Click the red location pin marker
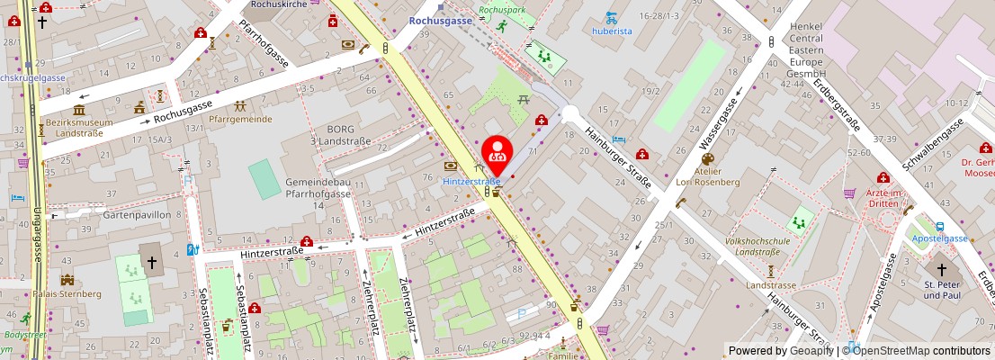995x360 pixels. click(496, 152)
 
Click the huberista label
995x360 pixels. click(612, 31)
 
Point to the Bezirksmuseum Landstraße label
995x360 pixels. click(79, 128)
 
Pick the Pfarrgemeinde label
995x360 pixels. click(240, 119)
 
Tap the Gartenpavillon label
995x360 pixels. click(112, 216)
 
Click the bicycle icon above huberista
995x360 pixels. click(612, 17)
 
